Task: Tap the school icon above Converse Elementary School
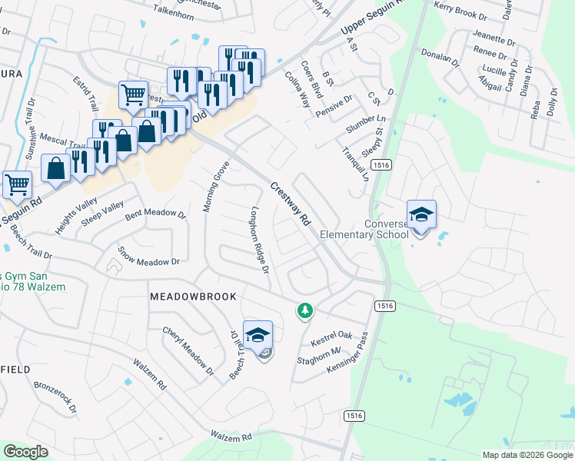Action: pos(421,214)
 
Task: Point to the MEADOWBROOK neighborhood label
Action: pos(193,296)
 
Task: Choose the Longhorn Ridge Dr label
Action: pos(259,239)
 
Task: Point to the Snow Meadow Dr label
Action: pos(148,257)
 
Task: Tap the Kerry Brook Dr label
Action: pos(460,9)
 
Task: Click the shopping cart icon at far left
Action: pos(18,184)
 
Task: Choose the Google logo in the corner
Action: pos(25,452)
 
